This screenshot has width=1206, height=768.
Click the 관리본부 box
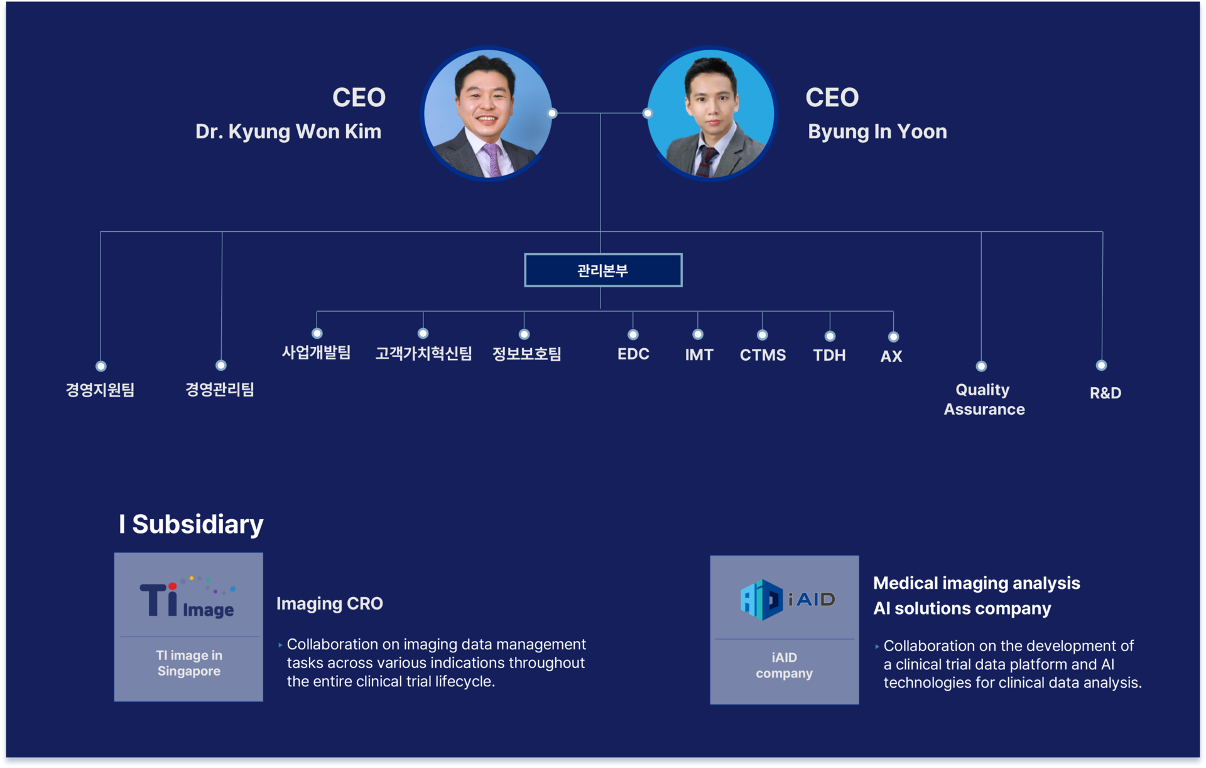coord(603,270)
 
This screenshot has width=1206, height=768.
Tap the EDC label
coord(633,354)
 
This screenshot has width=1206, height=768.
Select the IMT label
coord(698,355)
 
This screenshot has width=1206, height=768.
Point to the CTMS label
coord(763,355)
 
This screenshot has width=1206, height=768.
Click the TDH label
coord(829,355)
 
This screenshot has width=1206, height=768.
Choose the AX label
coord(891,356)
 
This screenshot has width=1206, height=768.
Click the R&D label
coord(1105,393)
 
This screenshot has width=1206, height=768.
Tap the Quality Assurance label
coord(984,400)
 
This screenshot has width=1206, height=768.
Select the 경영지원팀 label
coord(100,390)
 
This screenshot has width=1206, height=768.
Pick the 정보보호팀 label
coord(526,354)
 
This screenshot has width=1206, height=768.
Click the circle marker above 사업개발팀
coord(317,333)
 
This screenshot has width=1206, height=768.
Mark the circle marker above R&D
coord(1101,365)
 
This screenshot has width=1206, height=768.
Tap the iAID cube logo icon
coord(762,600)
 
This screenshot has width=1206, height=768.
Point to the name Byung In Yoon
coord(877,131)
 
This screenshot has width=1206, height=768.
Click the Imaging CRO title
coord(329,603)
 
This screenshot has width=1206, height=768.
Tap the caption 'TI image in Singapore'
coord(188,663)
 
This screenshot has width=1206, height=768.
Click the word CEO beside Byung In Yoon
coord(832,97)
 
